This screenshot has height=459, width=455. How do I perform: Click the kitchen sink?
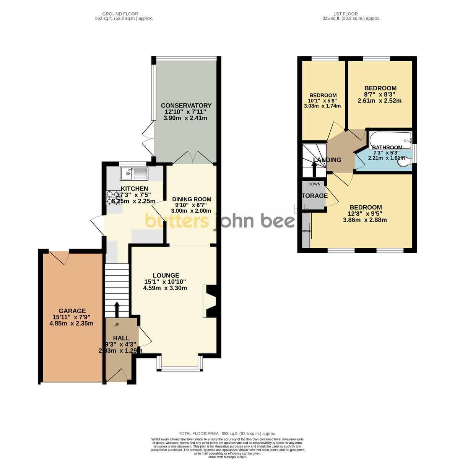point(134,174)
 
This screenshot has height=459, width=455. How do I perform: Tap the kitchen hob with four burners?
point(114,198)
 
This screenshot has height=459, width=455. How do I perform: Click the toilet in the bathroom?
point(403,163)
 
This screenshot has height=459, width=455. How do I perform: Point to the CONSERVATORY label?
point(186,106)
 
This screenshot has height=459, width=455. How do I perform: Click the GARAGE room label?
point(72,311)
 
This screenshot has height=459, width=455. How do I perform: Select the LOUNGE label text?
point(166,275)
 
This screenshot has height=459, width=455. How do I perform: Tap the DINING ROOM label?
point(192,199)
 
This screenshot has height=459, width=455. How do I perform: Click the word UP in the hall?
point(117,324)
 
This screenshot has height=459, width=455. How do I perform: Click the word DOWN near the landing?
point(314,184)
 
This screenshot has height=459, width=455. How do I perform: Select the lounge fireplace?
point(210,301)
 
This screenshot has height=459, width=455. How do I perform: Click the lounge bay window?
point(179,368)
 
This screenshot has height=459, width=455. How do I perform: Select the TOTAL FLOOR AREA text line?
point(227,433)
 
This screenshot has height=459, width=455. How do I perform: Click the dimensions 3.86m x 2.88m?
point(364,220)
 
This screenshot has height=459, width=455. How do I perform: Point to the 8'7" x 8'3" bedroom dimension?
point(380,94)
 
